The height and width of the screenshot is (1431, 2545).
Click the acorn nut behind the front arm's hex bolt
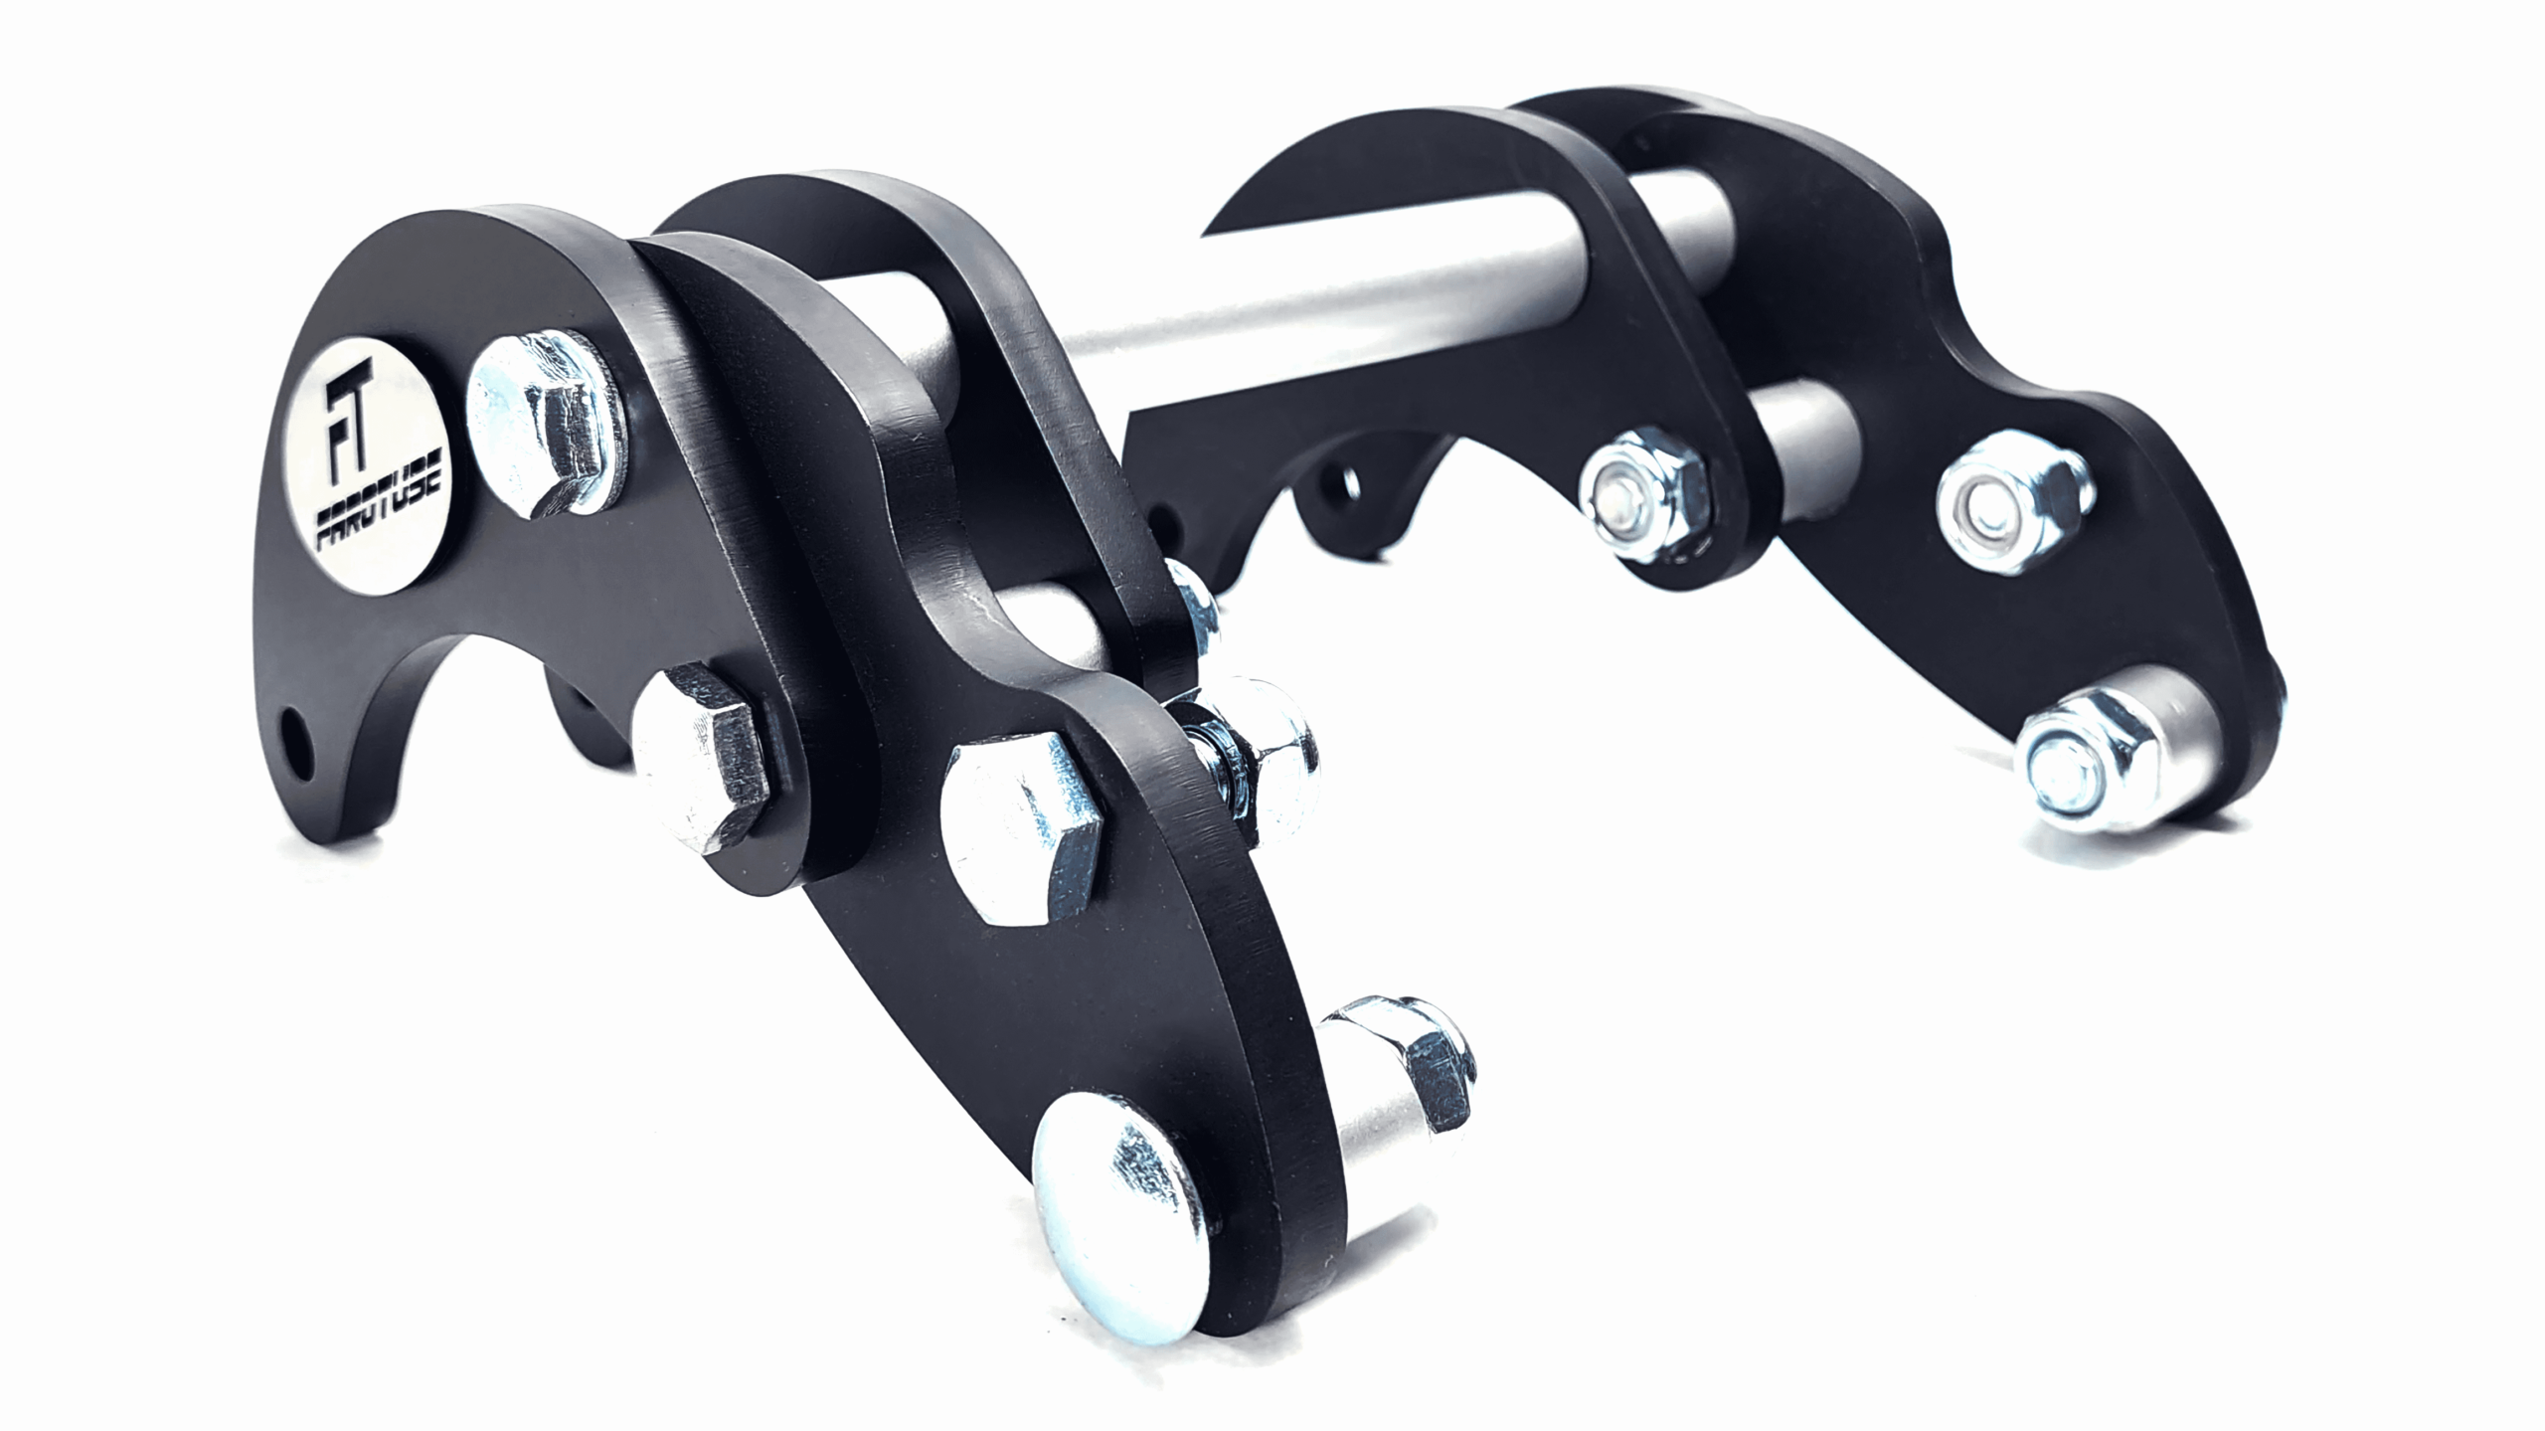pyautogui.click(x=1268, y=747)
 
